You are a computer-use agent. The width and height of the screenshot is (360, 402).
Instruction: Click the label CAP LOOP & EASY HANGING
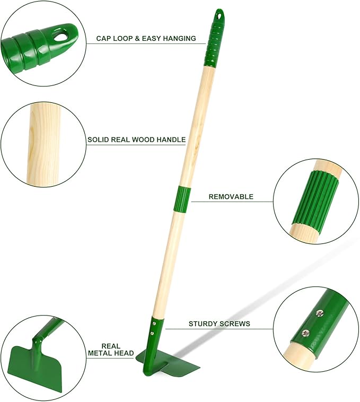click(x=146, y=39)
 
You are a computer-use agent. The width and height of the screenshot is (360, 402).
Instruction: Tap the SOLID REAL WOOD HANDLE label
click(x=136, y=140)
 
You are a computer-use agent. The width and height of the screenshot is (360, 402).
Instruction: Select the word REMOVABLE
click(x=231, y=197)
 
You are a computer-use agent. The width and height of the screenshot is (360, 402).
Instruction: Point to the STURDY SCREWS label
click(x=219, y=324)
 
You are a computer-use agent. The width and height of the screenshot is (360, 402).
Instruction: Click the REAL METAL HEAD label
click(x=111, y=349)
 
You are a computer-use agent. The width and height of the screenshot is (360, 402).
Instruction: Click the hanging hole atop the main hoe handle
click(x=219, y=13)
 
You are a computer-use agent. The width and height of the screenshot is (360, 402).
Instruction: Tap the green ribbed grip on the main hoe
click(x=215, y=40)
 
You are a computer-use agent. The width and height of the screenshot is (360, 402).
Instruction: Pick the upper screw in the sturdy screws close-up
click(x=319, y=313)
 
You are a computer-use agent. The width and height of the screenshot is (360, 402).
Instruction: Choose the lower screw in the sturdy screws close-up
click(x=305, y=333)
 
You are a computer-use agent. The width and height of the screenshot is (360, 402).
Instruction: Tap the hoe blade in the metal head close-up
click(x=32, y=366)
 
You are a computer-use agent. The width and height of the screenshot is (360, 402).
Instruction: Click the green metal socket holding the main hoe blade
click(x=154, y=331)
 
